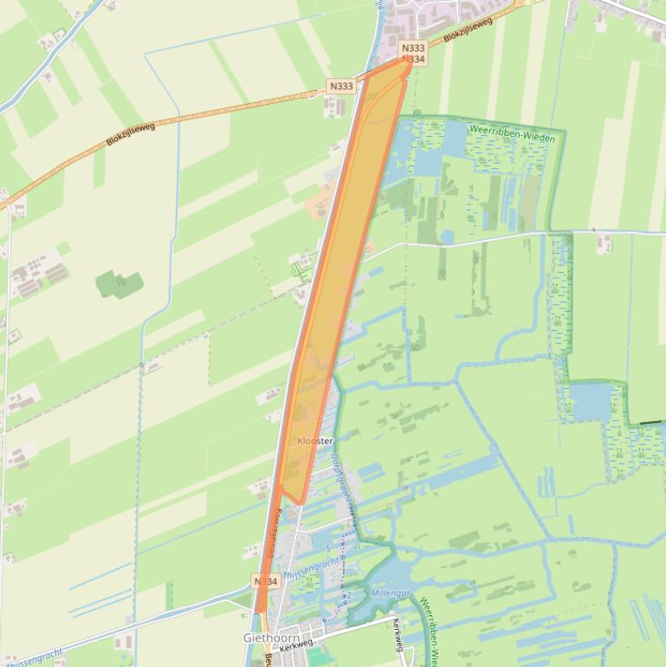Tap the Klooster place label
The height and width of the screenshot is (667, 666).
[314, 441]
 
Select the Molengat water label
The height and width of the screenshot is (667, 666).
[389, 593]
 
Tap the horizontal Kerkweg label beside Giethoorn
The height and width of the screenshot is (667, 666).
[296, 643]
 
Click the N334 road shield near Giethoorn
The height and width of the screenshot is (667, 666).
[267, 581]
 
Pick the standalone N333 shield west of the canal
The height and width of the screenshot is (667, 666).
[341, 86]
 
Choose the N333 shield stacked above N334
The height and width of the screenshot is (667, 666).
[413, 49]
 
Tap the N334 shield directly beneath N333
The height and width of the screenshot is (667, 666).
[413, 59]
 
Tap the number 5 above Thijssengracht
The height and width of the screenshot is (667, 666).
[327, 548]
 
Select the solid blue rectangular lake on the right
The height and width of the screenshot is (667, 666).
[591, 400]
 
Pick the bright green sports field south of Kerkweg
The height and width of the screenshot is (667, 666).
[319, 657]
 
